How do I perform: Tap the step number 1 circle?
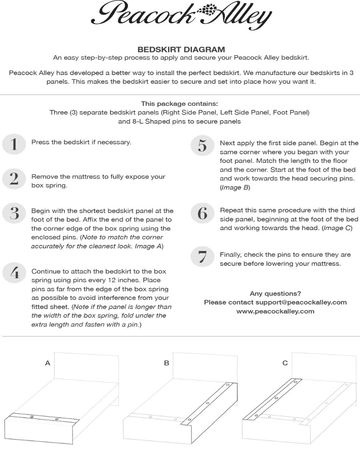14,144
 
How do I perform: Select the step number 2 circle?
14,179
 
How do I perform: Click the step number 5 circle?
202,145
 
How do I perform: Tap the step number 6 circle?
202,214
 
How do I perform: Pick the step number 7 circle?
202,257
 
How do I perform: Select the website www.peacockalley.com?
275,311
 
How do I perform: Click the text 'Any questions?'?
275,293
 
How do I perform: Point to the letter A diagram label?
48,363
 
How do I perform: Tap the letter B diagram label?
167,363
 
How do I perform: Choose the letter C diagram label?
285,363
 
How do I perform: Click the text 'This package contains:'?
180,104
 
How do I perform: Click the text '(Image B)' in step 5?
235,188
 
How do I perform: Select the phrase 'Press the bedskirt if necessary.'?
81,143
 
